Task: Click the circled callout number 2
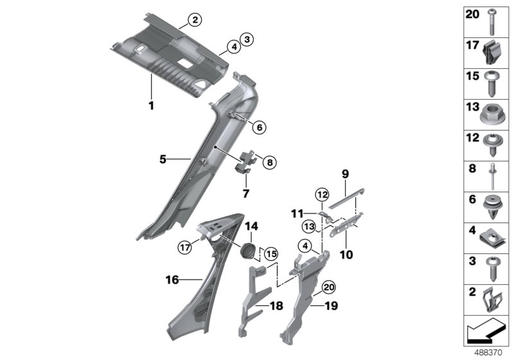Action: coord(196,19)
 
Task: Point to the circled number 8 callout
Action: coord(269,163)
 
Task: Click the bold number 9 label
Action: coord(344,174)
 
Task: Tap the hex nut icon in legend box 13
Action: coord(490,116)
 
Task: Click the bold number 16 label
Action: coord(172,280)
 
